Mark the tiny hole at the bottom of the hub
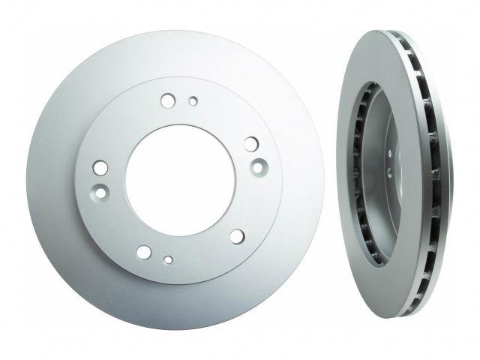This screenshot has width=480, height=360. (169, 260)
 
